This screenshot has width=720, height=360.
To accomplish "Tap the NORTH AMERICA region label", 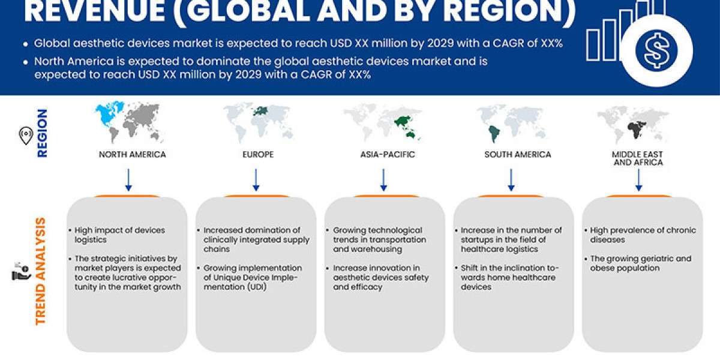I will [x=132, y=154].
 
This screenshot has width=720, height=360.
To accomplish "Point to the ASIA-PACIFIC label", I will [x=383, y=154].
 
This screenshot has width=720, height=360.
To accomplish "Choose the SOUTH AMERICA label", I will [x=517, y=154].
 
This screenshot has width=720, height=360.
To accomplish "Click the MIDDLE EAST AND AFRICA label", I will [x=638, y=158].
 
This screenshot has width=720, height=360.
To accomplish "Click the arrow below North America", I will [x=128, y=179].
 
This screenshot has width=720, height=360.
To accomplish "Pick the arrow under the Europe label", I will [x=256, y=179].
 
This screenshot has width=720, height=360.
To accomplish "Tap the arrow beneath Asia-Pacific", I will [x=383, y=179].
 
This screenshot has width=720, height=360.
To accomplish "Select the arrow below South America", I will [x=511, y=179].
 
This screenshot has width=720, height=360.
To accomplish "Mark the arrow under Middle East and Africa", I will [x=638, y=179].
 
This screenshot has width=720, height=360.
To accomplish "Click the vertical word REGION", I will [x=43, y=133].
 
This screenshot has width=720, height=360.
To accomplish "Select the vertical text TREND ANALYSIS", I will [x=41, y=271].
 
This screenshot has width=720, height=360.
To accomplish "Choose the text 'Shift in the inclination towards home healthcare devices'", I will [x=508, y=277].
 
